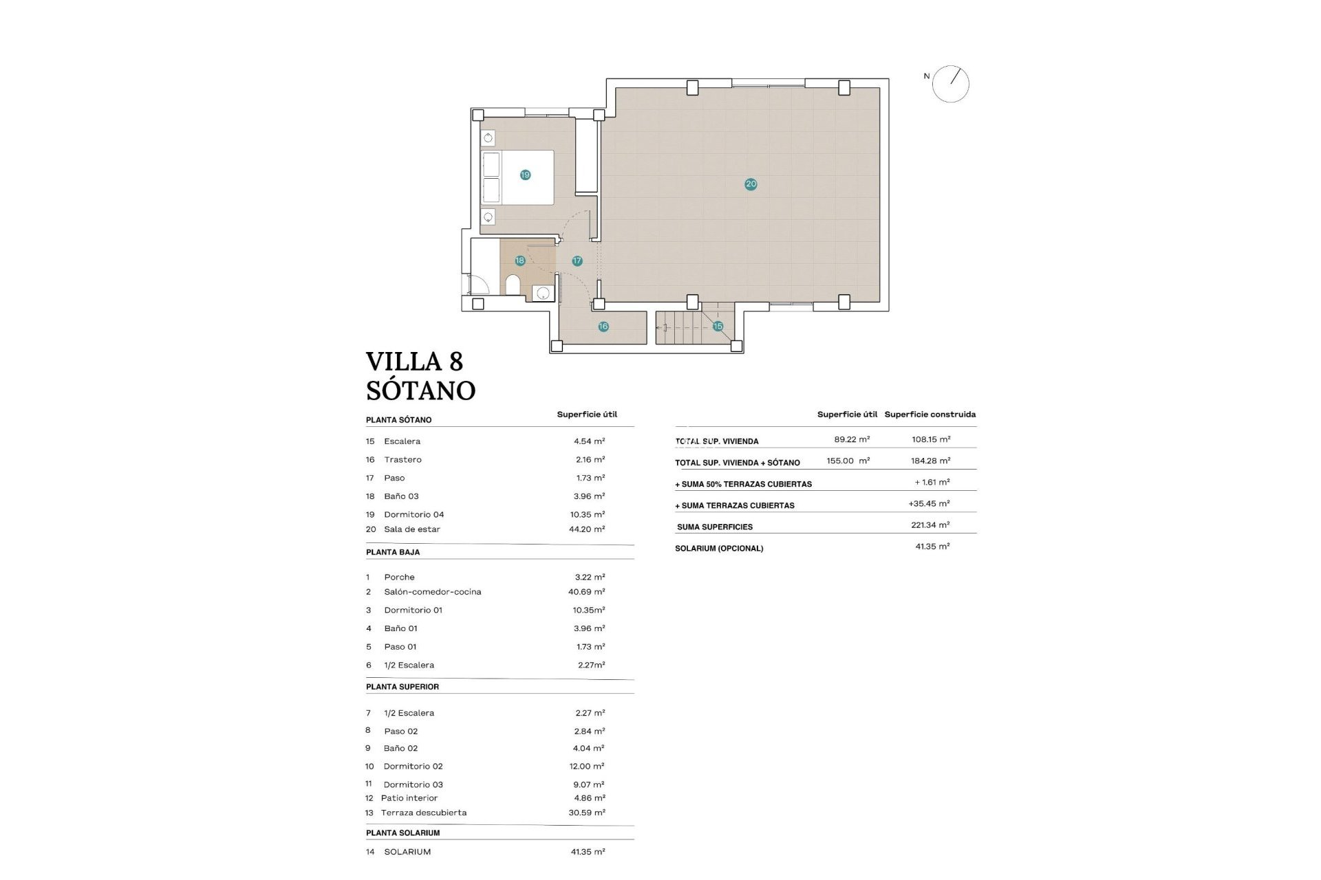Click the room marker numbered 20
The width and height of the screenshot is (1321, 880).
pos(751,184)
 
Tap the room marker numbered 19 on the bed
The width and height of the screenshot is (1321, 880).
pos(525,175)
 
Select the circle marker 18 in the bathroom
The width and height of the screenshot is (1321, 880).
pos(519,261)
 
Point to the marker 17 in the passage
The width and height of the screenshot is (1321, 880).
pos(577,261)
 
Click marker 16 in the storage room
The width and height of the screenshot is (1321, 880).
pos(603,327)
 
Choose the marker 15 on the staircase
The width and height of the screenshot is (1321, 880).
pos(718,326)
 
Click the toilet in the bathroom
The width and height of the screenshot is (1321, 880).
pos(513,285)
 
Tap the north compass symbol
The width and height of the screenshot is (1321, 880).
pos(951,85)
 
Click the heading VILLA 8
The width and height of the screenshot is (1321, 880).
pos(414,362)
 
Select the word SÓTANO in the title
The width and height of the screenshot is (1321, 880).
pos(420,390)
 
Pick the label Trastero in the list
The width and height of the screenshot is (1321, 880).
pos(402,459)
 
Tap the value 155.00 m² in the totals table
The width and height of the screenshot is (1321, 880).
pos(848,461)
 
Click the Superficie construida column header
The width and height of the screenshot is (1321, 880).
pos(930,415)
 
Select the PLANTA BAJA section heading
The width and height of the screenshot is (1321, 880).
pos(392,552)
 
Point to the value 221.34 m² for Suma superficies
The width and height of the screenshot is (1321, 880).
pos(930,525)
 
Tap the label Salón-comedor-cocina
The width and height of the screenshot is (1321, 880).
pos(432,592)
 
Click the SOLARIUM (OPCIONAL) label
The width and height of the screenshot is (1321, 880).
pos(718,549)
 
